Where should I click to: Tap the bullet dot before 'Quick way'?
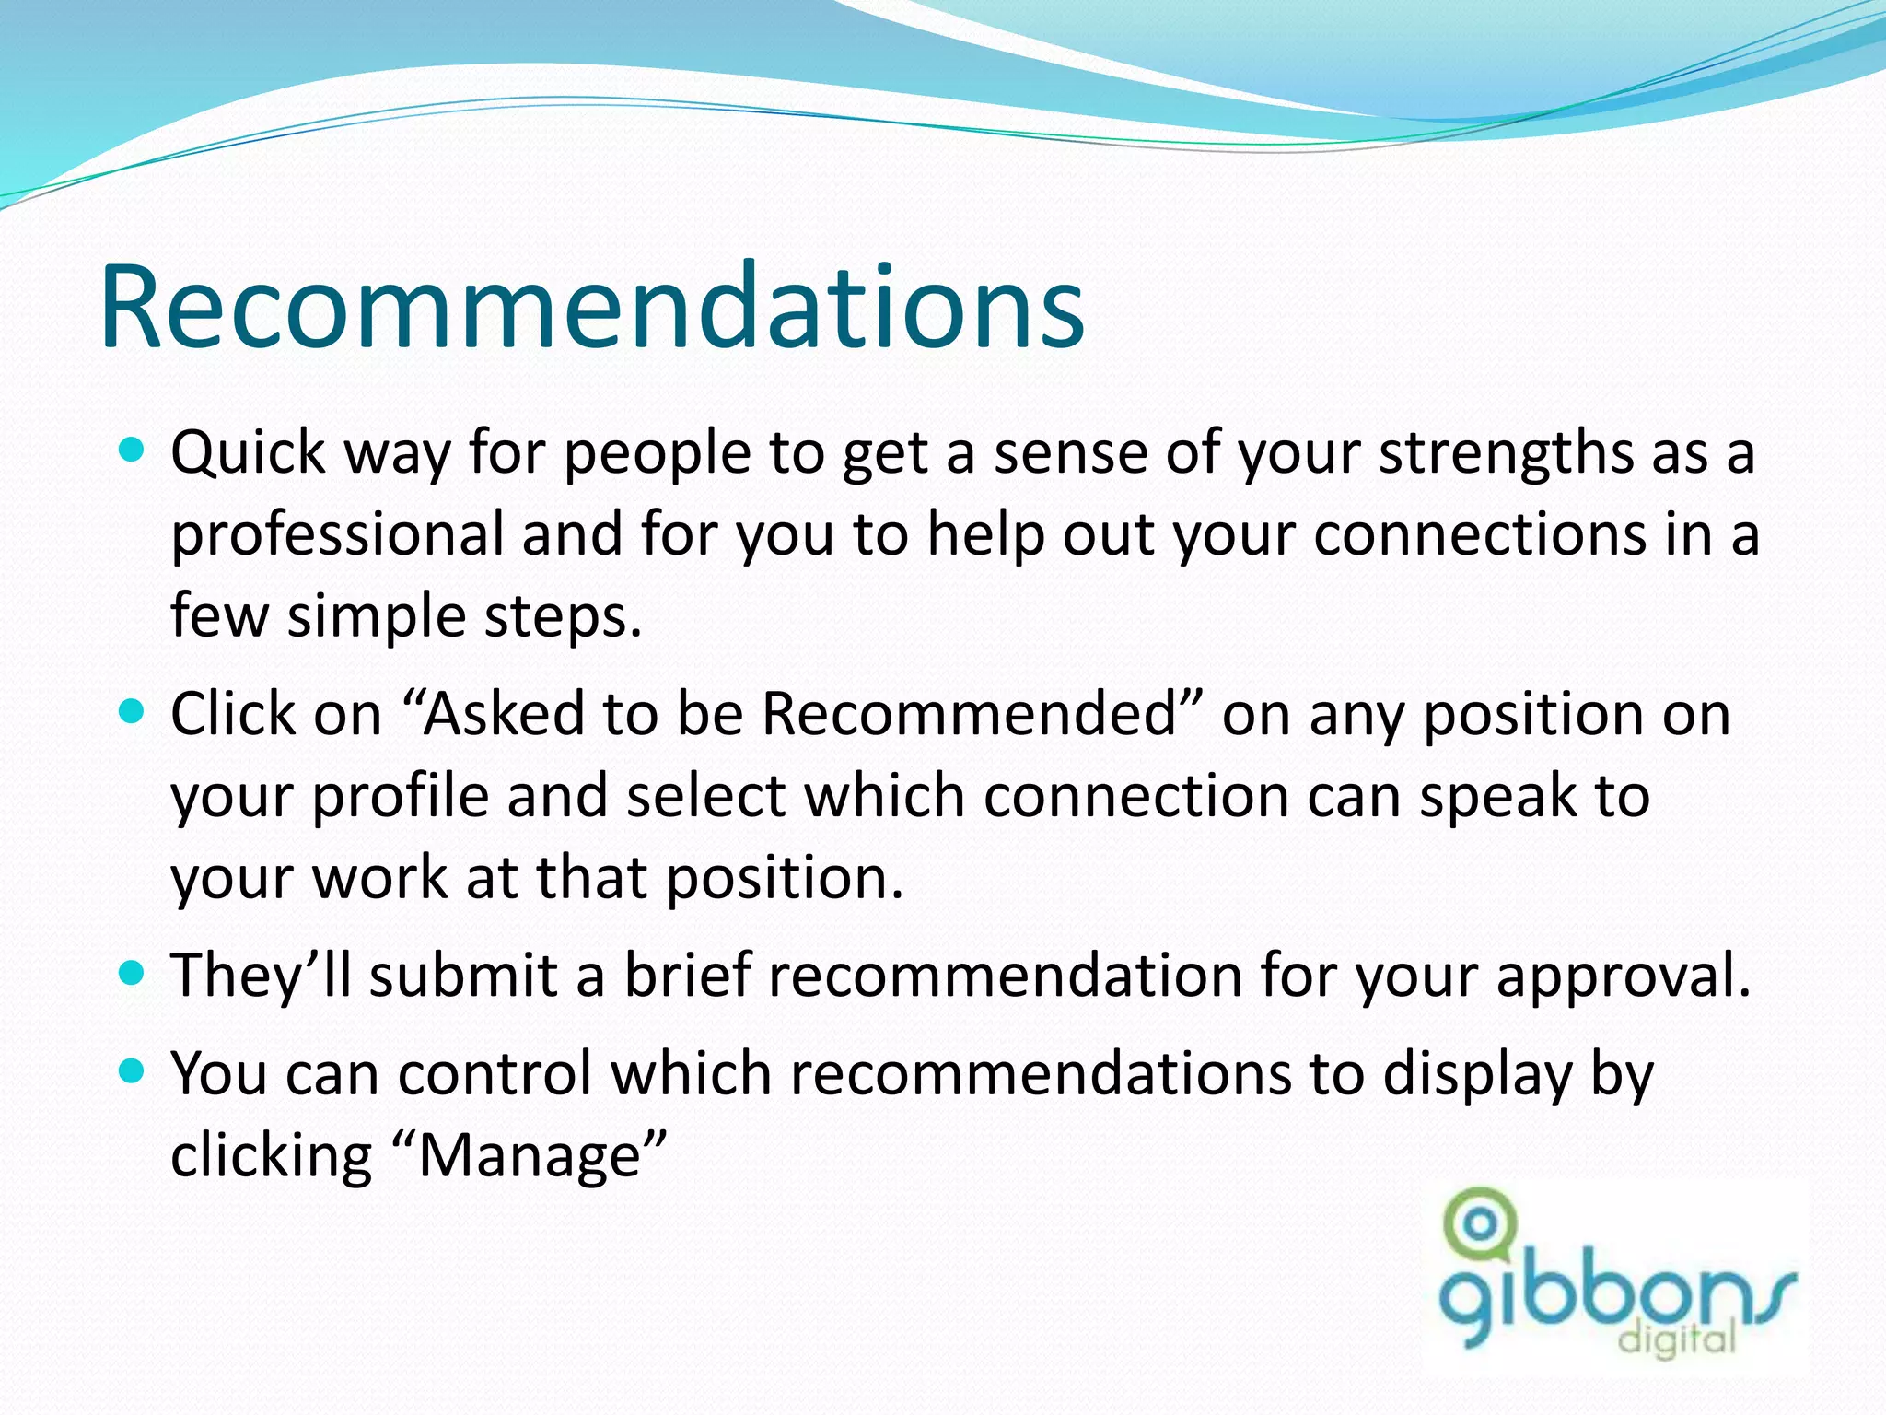pyautogui.click(x=133, y=450)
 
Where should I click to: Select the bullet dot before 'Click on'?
pyautogui.click(x=133, y=711)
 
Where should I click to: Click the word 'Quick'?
pyautogui.click(x=249, y=453)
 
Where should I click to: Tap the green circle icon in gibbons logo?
pyautogui.click(x=1480, y=1223)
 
